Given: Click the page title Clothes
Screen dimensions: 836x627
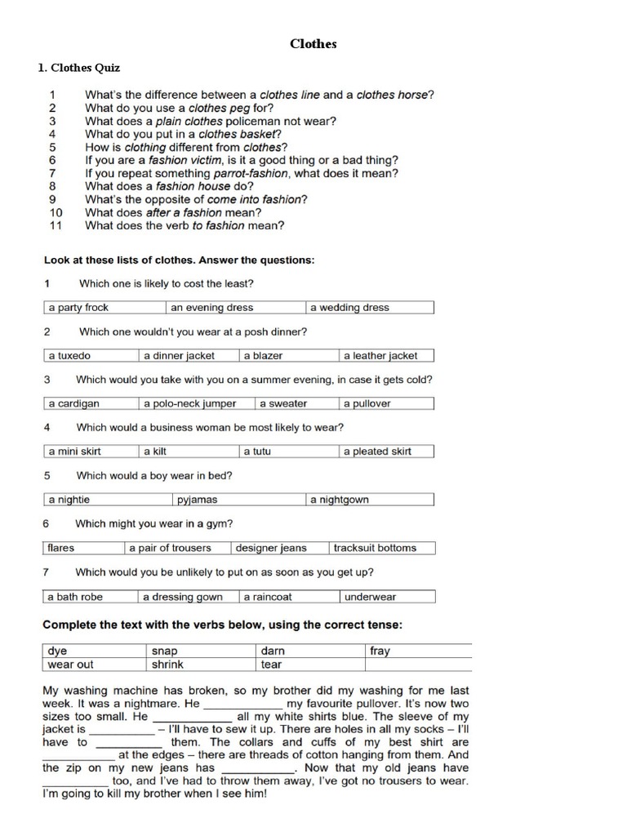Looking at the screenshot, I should click(x=313, y=44).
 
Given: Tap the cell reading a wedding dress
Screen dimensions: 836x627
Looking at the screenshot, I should click(x=370, y=308).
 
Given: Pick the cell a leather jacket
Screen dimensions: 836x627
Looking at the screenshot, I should click(x=385, y=356).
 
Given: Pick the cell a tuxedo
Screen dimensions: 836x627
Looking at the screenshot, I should click(x=90, y=356).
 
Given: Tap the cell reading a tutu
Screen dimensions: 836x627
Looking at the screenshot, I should click(x=288, y=451).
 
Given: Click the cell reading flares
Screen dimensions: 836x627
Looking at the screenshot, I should click(x=82, y=548).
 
